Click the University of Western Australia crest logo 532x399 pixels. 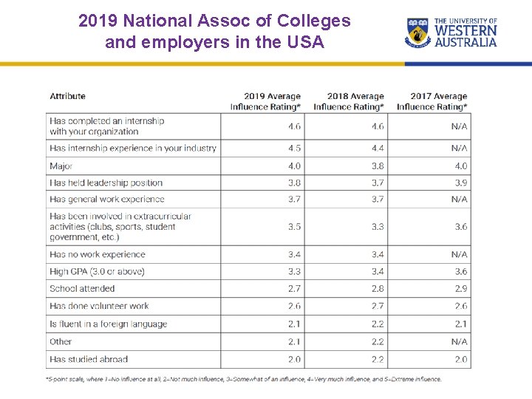click(419, 33)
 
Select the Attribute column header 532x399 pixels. click(67, 96)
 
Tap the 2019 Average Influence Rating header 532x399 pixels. click(265, 101)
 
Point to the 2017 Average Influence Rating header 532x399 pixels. click(432, 101)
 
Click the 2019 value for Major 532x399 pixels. click(294, 166)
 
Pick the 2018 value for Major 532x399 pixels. click(377, 166)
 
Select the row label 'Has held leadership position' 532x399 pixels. click(106, 183)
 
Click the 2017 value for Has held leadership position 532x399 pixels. click(460, 183)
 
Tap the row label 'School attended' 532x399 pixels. click(82, 288)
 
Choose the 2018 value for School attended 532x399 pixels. click(377, 288)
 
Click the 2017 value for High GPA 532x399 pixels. click(460, 271)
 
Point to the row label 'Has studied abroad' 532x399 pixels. click(89, 359)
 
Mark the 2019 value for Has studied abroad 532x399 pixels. click(294, 359)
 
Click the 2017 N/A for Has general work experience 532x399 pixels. click(459, 199)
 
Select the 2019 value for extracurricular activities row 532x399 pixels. click(294, 227)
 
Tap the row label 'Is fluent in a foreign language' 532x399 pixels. click(108, 324)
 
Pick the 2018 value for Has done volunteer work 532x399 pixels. click(377, 306)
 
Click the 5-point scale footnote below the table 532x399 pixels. click(244, 379)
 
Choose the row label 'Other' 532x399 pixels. click(61, 341)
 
